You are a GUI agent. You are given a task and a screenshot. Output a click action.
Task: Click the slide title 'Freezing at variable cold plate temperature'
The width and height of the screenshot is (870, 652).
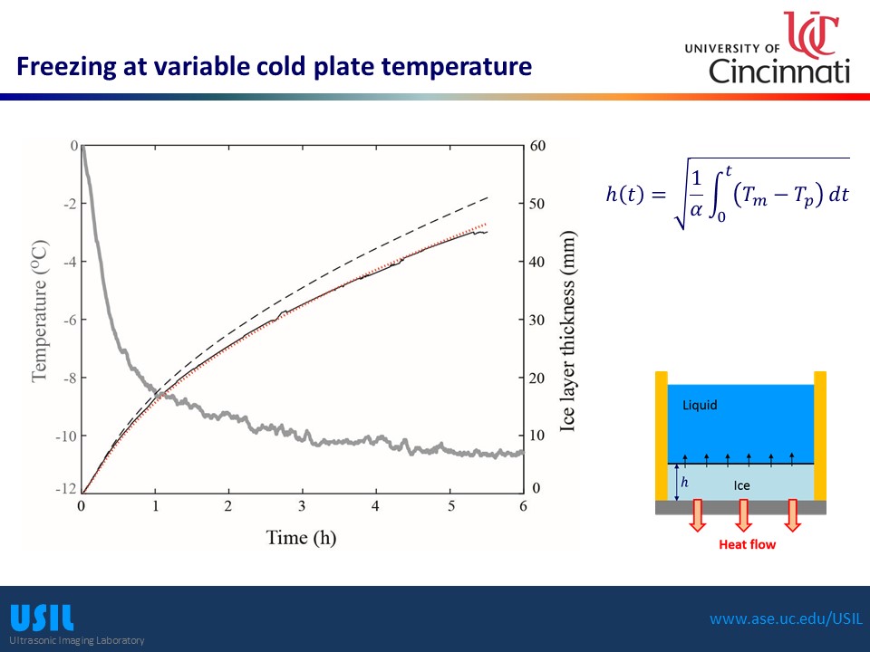[274, 66]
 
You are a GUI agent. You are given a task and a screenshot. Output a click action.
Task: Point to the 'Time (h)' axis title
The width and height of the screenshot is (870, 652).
[301, 537]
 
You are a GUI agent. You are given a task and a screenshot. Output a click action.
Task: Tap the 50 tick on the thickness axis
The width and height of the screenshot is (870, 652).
[536, 204]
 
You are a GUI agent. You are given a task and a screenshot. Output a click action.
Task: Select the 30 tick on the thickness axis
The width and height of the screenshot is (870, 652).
[536, 320]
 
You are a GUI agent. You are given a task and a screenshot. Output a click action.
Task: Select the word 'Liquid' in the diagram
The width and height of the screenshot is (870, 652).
[700, 406]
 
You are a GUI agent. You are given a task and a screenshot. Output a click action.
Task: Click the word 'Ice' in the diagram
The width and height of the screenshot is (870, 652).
[741, 485]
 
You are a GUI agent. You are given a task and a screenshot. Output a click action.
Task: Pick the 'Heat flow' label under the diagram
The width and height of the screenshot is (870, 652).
[747, 544]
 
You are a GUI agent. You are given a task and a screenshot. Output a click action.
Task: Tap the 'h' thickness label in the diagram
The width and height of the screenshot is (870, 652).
[684, 483]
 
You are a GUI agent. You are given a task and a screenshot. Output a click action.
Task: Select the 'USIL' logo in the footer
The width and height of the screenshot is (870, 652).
[42, 618]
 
